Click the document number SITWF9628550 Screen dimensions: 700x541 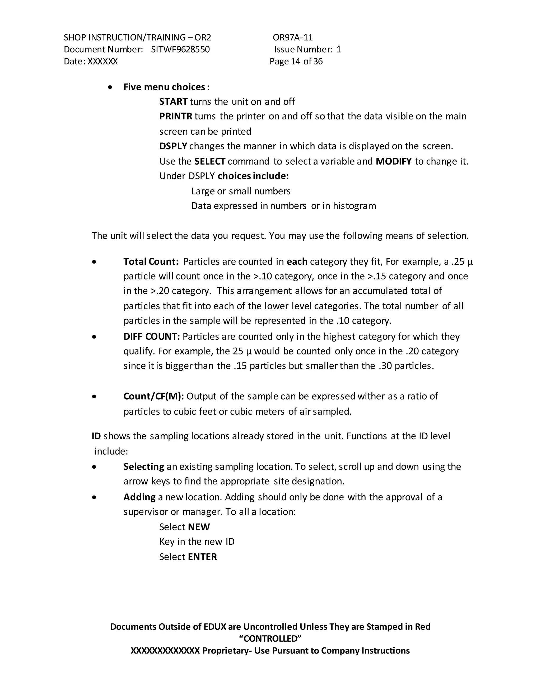[x=180, y=49]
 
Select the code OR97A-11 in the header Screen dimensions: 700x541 [x=293, y=38]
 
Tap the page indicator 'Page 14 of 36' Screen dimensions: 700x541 [x=296, y=61]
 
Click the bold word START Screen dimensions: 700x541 [x=173, y=102]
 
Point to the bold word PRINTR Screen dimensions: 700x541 [x=176, y=116]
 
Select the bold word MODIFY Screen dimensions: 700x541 [x=393, y=161]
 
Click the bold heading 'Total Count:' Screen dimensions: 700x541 [x=151, y=262]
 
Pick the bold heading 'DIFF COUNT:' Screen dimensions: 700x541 [x=152, y=336]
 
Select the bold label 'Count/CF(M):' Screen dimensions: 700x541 [x=153, y=396]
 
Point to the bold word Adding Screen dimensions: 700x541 [x=139, y=497]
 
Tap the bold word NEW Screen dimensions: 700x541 [x=199, y=527]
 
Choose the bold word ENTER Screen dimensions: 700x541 [x=202, y=557]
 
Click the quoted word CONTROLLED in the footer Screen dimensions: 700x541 [x=270, y=638]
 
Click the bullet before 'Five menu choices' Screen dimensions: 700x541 [x=110, y=87]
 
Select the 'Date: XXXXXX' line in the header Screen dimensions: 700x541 [x=91, y=61]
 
